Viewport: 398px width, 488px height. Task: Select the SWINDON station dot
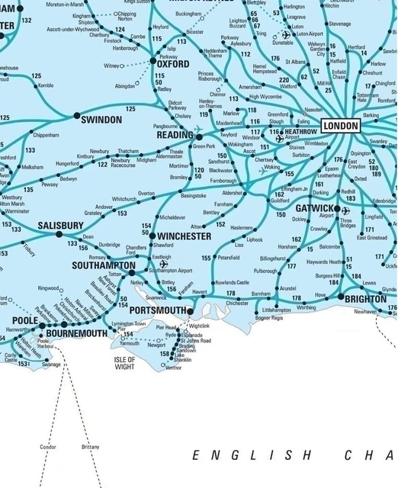(76, 116)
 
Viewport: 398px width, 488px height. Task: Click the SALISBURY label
(60, 226)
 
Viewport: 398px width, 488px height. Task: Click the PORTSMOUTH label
(158, 311)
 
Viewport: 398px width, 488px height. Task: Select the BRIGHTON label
(366, 299)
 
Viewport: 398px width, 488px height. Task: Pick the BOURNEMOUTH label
(76, 334)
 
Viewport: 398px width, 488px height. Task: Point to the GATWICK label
(310, 208)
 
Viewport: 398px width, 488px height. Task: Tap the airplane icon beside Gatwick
(345, 210)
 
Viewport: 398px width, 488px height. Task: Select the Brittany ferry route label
(90, 446)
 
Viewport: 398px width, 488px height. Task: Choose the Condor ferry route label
(47, 446)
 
